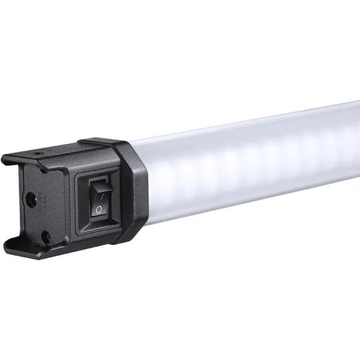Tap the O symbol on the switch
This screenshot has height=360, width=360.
[x=98, y=209]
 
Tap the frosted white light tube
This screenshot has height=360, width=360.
[x=252, y=162]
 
